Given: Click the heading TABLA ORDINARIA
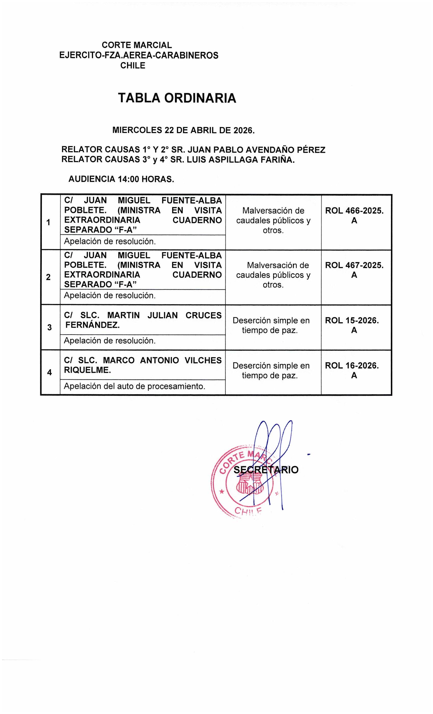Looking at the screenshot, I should pyautogui.click(x=177, y=98).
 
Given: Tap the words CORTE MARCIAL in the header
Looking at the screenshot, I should pyautogui.click(x=137, y=45).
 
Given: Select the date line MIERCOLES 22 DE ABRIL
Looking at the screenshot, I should pyautogui.click(x=183, y=130).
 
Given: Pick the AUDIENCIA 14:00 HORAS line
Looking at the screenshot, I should pyautogui.click(x=121, y=179).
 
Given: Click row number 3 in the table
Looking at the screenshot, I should pyautogui.click(x=49, y=327).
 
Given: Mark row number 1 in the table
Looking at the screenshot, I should pyautogui.click(x=48, y=223).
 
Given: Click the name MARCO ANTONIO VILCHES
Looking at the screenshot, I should pyautogui.click(x=162, y=360).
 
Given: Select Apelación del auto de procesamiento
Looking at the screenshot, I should pyautogui.click(x=134, y=386).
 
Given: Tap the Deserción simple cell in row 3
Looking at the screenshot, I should pyautogui.click(x=271, y=325).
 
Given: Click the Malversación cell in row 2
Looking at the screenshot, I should pyautogui.click(x=273, y=275).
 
